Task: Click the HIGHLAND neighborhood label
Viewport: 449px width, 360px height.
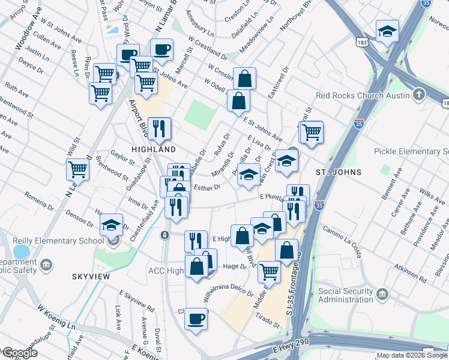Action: tap(154, 149)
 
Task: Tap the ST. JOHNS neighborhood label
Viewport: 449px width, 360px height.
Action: tap(339, 172)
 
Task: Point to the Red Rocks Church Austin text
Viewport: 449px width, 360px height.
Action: tap(362, 95)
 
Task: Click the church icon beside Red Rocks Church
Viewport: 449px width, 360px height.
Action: tap(419, 95)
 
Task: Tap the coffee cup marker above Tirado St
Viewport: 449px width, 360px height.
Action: tap(196, 319)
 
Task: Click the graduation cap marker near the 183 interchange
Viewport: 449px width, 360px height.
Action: tap(387, 32)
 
